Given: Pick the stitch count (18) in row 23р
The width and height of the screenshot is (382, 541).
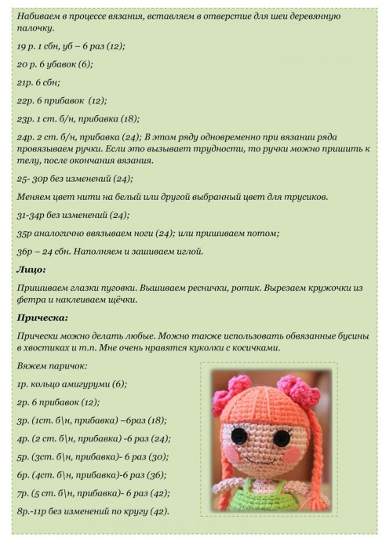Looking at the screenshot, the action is (129, 118).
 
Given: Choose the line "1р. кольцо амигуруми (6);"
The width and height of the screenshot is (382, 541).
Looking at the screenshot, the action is (71, 384).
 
